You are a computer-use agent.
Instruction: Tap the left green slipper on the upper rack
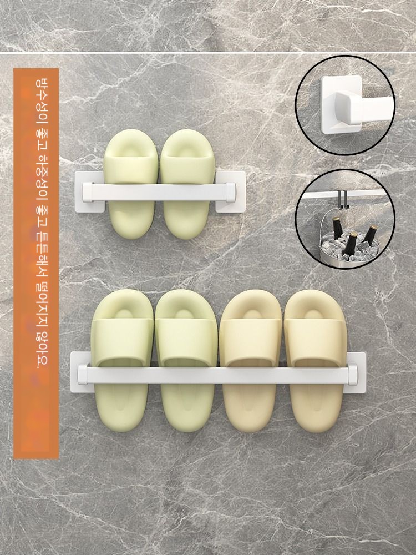(x=130, y=184)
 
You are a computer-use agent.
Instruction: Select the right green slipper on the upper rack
(x=187, y=184)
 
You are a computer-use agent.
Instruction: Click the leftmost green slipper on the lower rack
(x=123, y=360)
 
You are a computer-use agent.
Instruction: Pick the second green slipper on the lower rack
(x=186, y=360)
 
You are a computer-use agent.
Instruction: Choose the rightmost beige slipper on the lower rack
(x=315, y=361)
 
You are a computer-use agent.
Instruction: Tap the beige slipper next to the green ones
(x=251, y=361)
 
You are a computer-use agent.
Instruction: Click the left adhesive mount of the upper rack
(x=89, y=192)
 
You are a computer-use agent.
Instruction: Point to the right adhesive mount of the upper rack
(x=231, y=192)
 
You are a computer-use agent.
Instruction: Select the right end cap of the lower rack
(x=353, y=375)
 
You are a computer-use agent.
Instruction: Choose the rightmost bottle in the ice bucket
(x=370, y=235)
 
